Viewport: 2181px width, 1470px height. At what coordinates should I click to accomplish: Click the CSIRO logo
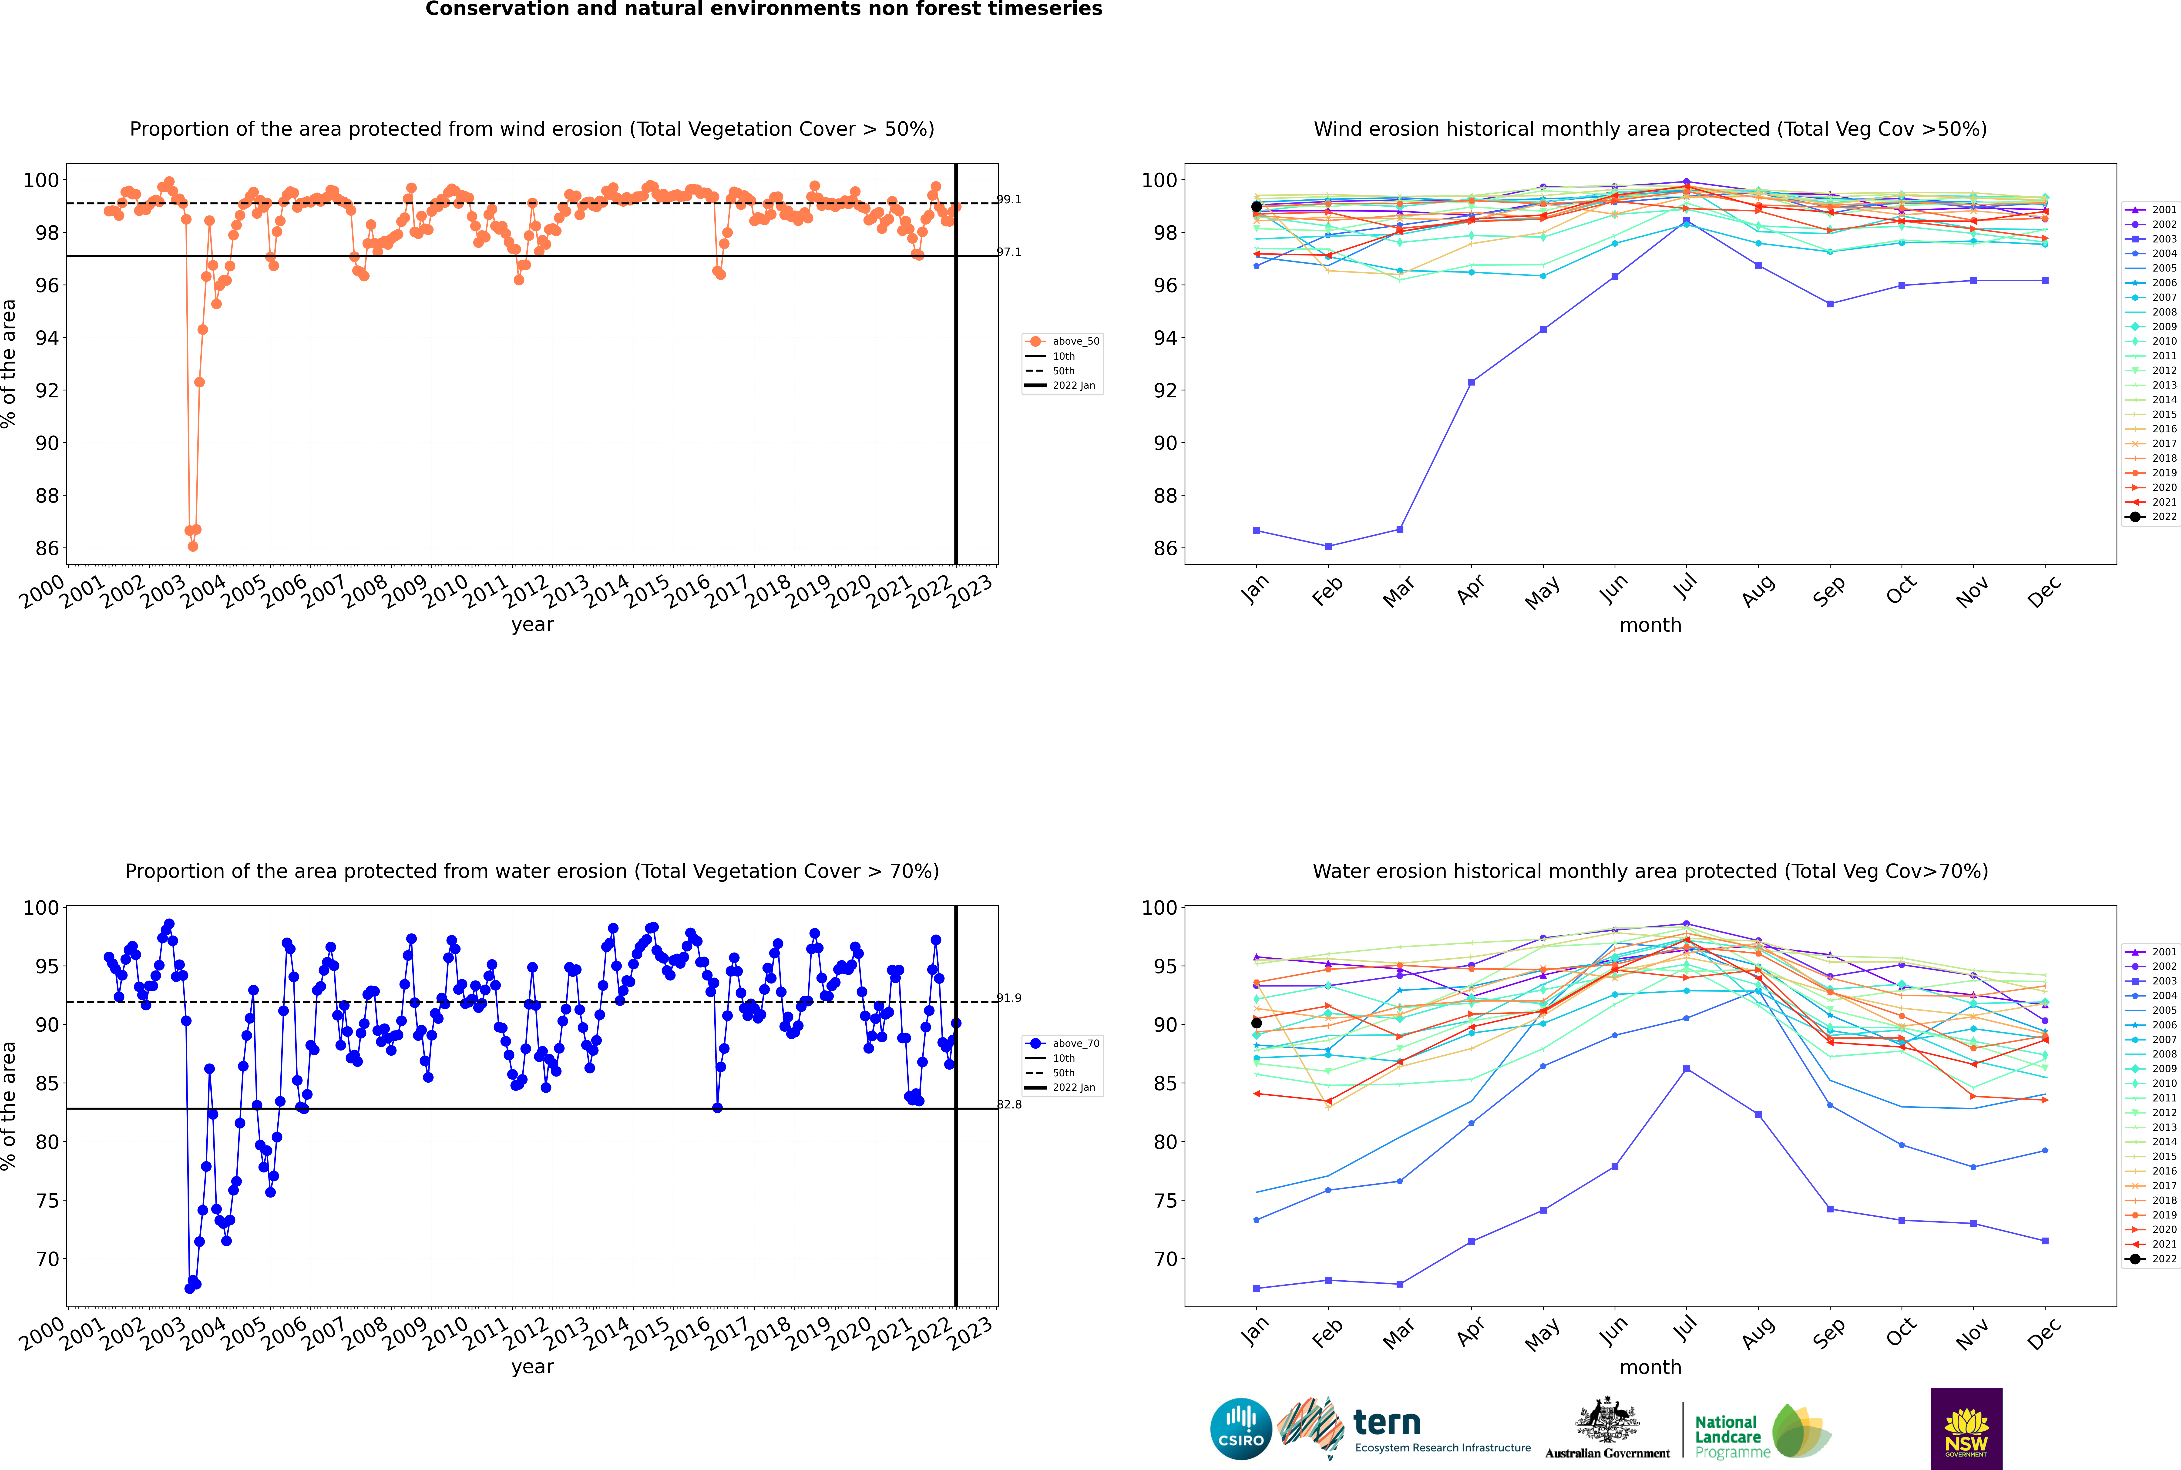point(1240,1429)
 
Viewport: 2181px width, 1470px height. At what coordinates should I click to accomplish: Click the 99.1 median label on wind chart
point(1009,200)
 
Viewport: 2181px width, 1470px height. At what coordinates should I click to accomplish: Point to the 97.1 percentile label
point(1009,252)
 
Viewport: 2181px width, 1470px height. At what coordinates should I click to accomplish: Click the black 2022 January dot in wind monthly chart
point(1257,207)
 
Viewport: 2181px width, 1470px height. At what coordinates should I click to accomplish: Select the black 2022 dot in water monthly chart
point(1257,1023)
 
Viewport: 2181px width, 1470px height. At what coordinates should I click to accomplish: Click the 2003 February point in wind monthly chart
point(1328,546)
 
